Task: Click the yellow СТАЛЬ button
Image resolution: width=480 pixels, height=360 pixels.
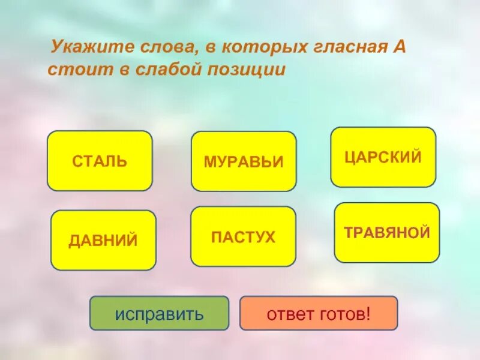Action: coord(100,161)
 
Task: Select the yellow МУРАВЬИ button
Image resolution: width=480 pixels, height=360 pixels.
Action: coord(244,161)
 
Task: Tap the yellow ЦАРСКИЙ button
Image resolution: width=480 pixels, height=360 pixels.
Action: coord(383,157)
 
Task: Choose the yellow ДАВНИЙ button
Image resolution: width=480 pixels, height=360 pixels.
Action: coord(103,240)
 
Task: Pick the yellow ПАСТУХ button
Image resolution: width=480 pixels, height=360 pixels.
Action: coord(243,236)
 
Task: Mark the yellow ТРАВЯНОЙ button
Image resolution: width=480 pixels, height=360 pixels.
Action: coord(387,233)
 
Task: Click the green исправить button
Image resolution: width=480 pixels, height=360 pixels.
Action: coord(160,313)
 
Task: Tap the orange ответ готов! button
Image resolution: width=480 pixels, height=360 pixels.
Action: coord(319,313)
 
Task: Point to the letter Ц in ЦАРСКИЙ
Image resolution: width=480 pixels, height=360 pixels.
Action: coord(350,157)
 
